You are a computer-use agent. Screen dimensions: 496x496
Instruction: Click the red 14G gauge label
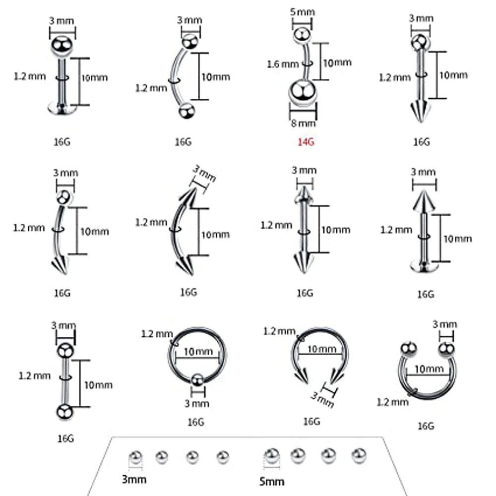pyautogui.click(x=306, y=142)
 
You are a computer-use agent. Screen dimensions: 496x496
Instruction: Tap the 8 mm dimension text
pyautogui.click(x=302, y=123)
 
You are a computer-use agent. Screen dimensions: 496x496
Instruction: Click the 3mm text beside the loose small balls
pyautogui.click(x=134, y=479)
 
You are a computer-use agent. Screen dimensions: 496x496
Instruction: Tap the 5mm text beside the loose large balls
pyautogui.click(x=271, y=481)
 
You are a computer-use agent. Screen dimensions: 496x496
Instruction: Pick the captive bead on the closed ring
pyautogui.click(x=197, y=380)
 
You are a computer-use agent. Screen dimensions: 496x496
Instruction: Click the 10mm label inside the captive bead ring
pyautogui.click(x=195, y=351)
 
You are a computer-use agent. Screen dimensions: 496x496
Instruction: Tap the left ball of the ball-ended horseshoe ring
pyautogui.click(x=408, y=349)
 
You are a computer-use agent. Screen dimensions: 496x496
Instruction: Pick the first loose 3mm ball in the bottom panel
pyautogui.click(x=134, y=456)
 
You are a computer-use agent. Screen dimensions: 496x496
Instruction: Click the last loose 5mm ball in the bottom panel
pyautogui.click(x=358, y=454)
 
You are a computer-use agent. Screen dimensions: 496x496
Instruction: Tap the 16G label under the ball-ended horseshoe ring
pyautogui.click(x=426, y=426)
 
